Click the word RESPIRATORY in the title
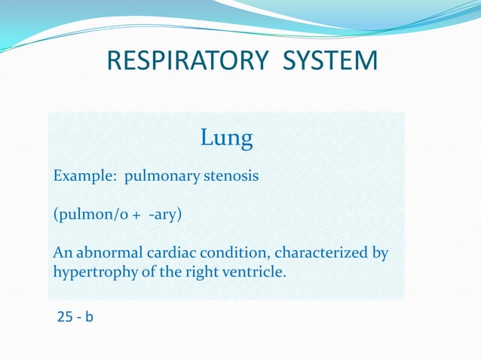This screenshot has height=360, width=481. [x=183, y=59]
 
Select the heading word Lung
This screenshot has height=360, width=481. [x=226, y=138]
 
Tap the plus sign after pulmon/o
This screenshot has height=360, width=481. [x=136, y=215]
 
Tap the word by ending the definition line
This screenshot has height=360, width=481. [x=381, y=252]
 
